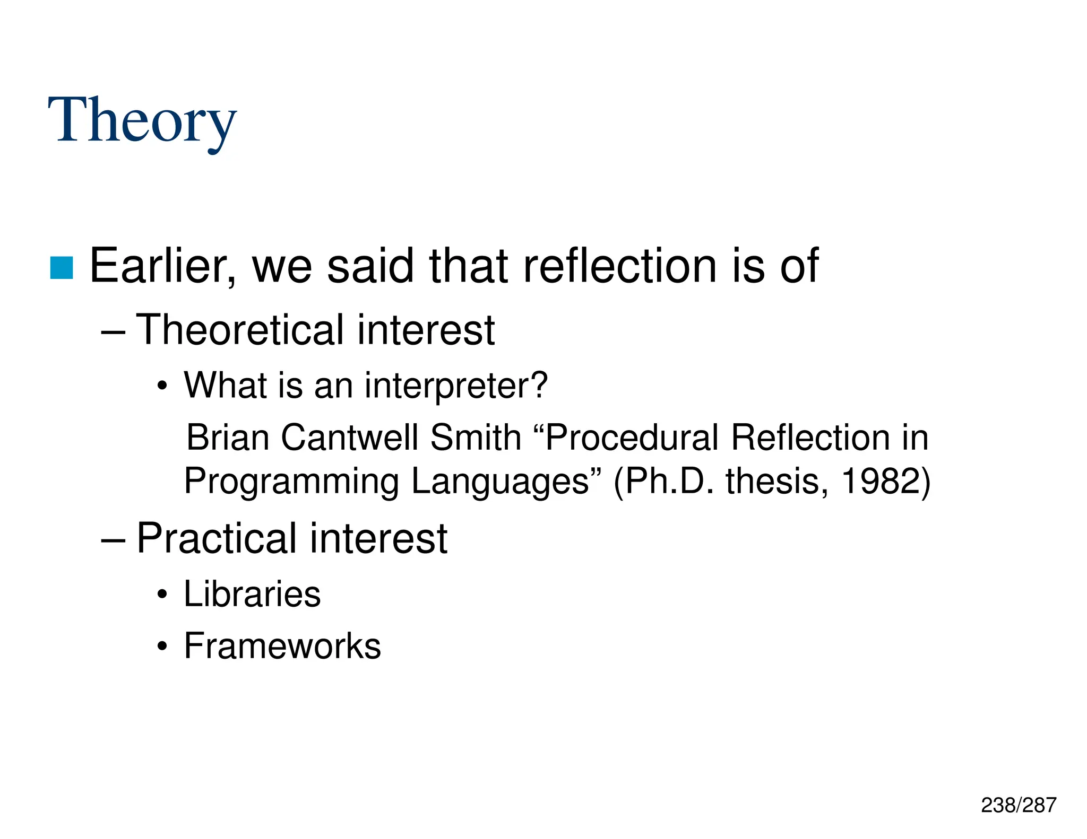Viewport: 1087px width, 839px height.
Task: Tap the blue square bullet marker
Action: [x=62, y=268]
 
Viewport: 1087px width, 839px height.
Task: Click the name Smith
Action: [x=476, y=438]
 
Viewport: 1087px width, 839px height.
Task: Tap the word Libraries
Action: [x=252, y=594]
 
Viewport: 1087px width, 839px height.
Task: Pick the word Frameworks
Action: [x=282, y=646]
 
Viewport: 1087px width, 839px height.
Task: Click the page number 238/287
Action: [x=1019, y=805]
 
